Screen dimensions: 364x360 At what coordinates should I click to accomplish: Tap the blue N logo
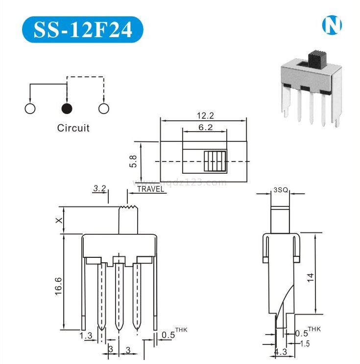pos(331,26)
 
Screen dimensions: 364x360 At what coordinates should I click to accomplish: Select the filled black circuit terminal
pos(67,108)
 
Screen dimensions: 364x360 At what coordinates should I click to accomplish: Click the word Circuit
pos(73,128)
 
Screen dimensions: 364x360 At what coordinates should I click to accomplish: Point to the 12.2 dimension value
pos(204,115)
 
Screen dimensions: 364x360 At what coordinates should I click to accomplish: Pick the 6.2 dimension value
pos(204,127)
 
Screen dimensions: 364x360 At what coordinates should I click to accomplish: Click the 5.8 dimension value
pos(133,161)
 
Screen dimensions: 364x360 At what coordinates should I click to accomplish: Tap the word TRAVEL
pos(150,189)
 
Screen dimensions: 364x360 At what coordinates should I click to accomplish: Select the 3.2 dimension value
pos(100,188)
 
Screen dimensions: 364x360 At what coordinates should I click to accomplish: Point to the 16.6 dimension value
pos(58,285)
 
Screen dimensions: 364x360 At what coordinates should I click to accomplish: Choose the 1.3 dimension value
pos(85,335)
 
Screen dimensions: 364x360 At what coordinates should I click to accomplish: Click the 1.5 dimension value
pos(305,344)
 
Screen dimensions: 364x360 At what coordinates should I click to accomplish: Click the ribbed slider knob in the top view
pos(216,161)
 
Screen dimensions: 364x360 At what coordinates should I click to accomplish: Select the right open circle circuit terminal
pos(103,108)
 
